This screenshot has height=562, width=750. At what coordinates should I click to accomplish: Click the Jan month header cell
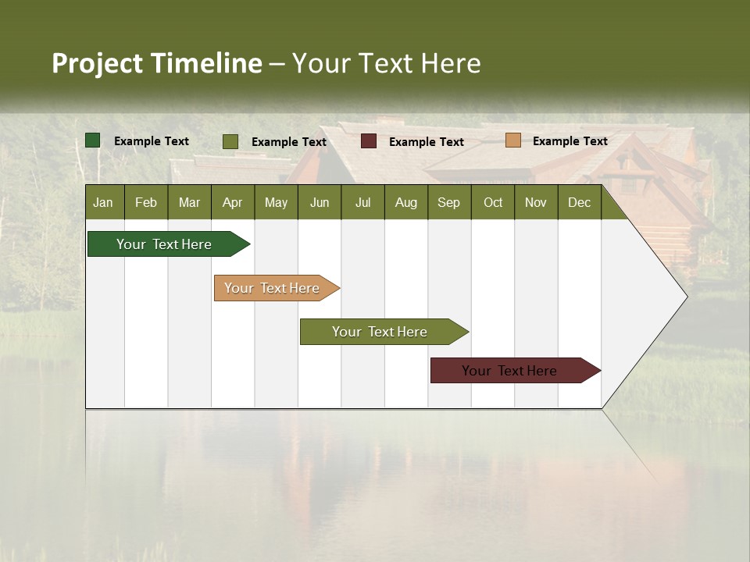pos(104,202)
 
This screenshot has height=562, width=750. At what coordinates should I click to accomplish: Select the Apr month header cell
pos(233,202)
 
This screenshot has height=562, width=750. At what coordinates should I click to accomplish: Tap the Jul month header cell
pos(362,202)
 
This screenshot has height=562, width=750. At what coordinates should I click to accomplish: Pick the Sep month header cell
pos(449,202)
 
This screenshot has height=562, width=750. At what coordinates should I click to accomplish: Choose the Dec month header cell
pos(579,202)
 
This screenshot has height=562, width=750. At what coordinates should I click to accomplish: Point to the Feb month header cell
pos(146,202)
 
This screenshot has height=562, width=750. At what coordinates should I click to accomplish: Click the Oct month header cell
pos(493,202)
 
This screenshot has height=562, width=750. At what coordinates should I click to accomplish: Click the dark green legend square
pos(93,140)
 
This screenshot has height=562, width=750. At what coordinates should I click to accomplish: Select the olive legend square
pos(230,141)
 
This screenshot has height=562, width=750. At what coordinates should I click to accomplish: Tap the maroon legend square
pos(369,141)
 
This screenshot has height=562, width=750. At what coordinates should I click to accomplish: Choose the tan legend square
pos(513,140)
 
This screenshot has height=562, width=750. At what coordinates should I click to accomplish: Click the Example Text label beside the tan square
pos(570,141)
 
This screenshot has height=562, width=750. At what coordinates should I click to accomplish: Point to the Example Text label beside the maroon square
pos(426,142)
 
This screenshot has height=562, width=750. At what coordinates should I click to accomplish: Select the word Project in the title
pos(98,63)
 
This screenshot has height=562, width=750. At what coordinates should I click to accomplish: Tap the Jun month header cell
pos(320,202)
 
